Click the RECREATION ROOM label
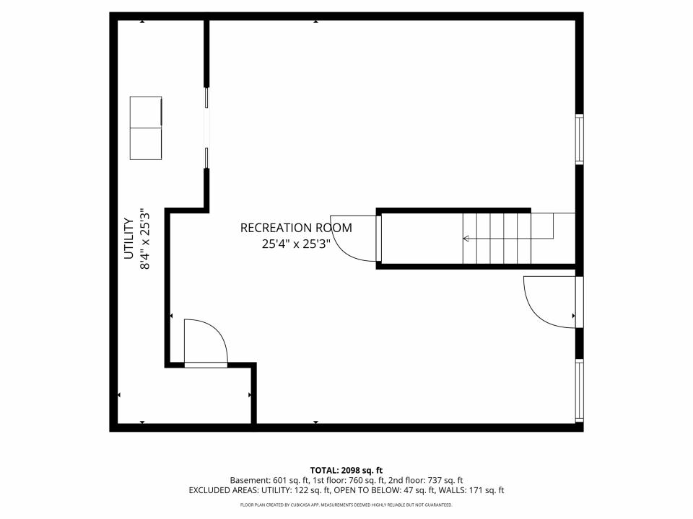click(296, 228)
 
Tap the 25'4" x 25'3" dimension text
click(296, 244)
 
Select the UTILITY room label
click(128, 239)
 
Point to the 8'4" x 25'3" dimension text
click(145, 239)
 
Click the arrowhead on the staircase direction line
click(466, 239)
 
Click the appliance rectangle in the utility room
click(146, 128)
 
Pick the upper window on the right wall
click(579, 139)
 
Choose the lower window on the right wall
click(579, 391)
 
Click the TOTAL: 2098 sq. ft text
click(346, 470)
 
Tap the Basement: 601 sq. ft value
click(269, 480)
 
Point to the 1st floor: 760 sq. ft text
click(348, 480)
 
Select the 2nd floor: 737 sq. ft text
click(425, 480)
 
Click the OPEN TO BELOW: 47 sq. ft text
click(383, 490)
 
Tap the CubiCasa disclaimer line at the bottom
click(346, 505)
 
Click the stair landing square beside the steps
click(542, 226)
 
